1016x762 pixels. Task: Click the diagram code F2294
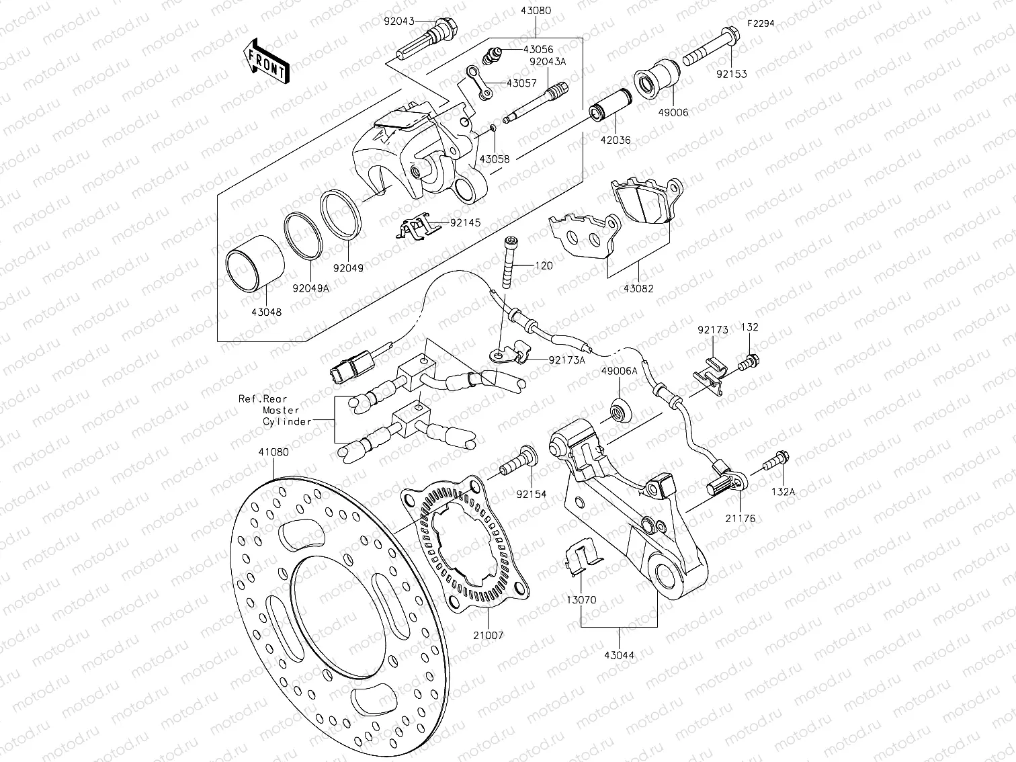coord(761,23)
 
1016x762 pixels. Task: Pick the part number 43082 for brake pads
coord(638,289)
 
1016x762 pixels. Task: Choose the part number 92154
coord(532,494)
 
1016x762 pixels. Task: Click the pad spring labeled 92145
coord(415,228)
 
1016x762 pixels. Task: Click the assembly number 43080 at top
coord(535,11)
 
